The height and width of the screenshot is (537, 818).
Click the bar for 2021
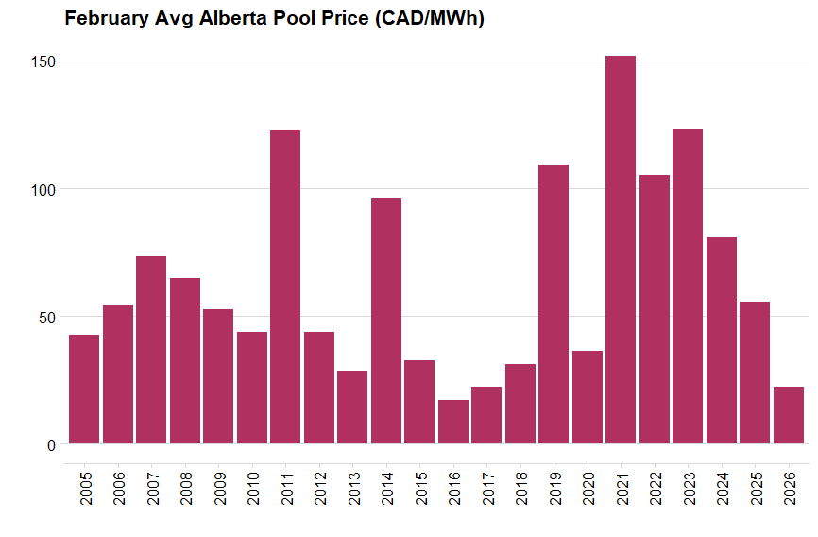pos(621,250)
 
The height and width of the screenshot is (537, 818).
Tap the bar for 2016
pos(453,422)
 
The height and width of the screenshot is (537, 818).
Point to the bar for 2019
pos(554,303)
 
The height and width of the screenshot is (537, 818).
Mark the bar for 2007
pos(151,350)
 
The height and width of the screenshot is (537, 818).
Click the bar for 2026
pos(789,415)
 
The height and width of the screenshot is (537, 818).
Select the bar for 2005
pos(84,389)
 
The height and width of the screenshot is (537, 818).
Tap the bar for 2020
pos(588,397)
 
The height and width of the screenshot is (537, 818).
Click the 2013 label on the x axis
pos(353,488)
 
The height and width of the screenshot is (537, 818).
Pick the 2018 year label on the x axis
pos(520,488)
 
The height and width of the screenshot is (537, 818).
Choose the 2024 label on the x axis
pos(722,488)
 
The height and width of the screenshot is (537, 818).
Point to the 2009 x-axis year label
pos(219,488)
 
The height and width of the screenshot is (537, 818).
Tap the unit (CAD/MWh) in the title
pos(427,19)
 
